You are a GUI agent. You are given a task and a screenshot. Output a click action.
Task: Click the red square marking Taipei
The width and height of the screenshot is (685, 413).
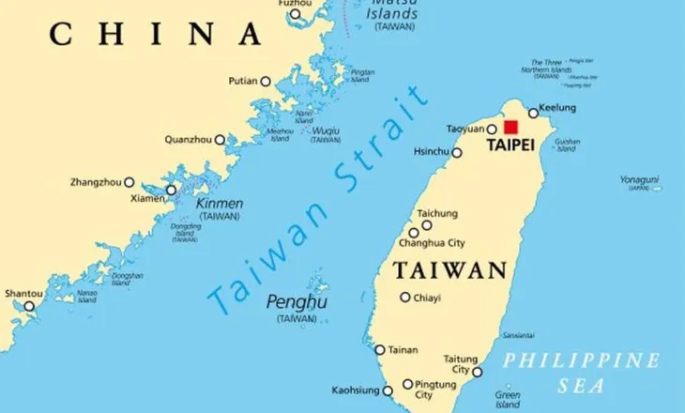(510, 128)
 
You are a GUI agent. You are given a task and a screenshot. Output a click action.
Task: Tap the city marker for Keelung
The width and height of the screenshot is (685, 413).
(533, 113)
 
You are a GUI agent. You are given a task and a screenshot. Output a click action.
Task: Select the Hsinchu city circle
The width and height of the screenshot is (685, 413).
(457, 153)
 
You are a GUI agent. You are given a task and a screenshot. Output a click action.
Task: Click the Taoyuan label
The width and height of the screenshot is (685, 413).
(465, 129)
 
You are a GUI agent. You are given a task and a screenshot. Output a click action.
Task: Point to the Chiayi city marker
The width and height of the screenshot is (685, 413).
(404, 298)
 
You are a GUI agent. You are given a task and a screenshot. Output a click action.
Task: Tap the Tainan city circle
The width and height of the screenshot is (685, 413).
(380, 350)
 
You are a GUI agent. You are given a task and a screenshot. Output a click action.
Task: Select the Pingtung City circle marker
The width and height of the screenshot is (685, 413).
(407, 384)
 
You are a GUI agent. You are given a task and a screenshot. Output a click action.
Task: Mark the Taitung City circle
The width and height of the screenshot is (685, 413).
(477, 372)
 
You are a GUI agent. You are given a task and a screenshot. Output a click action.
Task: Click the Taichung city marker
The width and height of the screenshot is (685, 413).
(426, 225)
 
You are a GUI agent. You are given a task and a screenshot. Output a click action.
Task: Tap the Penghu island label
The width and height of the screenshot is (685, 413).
(297, 302)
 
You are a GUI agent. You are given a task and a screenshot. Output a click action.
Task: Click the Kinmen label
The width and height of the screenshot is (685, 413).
(220, 204)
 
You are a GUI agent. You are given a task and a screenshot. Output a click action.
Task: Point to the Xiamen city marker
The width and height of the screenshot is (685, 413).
(171, 191)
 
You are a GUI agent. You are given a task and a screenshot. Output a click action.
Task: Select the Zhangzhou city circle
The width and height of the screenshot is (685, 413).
(129, 182)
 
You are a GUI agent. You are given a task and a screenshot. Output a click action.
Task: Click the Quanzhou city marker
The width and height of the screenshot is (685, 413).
(220, 140)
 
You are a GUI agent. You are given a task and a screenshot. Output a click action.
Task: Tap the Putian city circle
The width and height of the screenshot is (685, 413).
(266, 82)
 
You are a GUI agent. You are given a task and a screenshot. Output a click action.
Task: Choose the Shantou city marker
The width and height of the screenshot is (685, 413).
(29, 306)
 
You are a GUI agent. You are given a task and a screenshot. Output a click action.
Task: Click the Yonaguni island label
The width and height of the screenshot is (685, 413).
(639, 179)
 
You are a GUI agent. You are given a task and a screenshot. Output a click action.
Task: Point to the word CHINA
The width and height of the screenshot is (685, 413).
(156, 35)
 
